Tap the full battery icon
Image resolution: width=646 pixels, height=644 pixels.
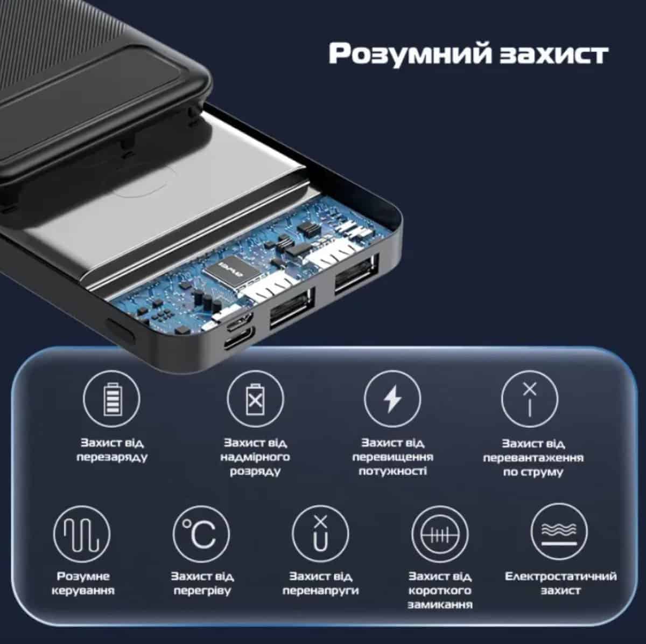click(x=111, y=399)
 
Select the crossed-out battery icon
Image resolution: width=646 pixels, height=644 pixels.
click(x=255, y=399)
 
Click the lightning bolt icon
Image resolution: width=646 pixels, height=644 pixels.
click(x=392, y=399)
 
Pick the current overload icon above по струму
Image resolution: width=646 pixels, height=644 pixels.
click(x=530, y=399)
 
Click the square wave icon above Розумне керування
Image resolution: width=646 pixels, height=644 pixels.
click(x=82, y=534)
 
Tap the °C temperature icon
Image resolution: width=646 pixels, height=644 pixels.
click(x=201, y=534)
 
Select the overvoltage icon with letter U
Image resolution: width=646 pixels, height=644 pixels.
click(x=320, y=534)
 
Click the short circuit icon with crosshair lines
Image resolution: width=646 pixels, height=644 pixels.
click(x=440, y=534)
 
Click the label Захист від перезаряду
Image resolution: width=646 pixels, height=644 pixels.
click(x=112, y=450)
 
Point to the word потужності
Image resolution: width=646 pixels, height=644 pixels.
click(x=393, y=471)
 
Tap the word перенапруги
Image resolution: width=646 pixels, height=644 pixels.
click(x=320, y=590)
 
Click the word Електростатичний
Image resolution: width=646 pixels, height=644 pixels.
click(x=560, y=576)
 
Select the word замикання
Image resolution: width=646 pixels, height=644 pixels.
click(x=440, y=605)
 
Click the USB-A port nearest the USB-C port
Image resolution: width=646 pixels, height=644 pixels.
click(x=292, y=308)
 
